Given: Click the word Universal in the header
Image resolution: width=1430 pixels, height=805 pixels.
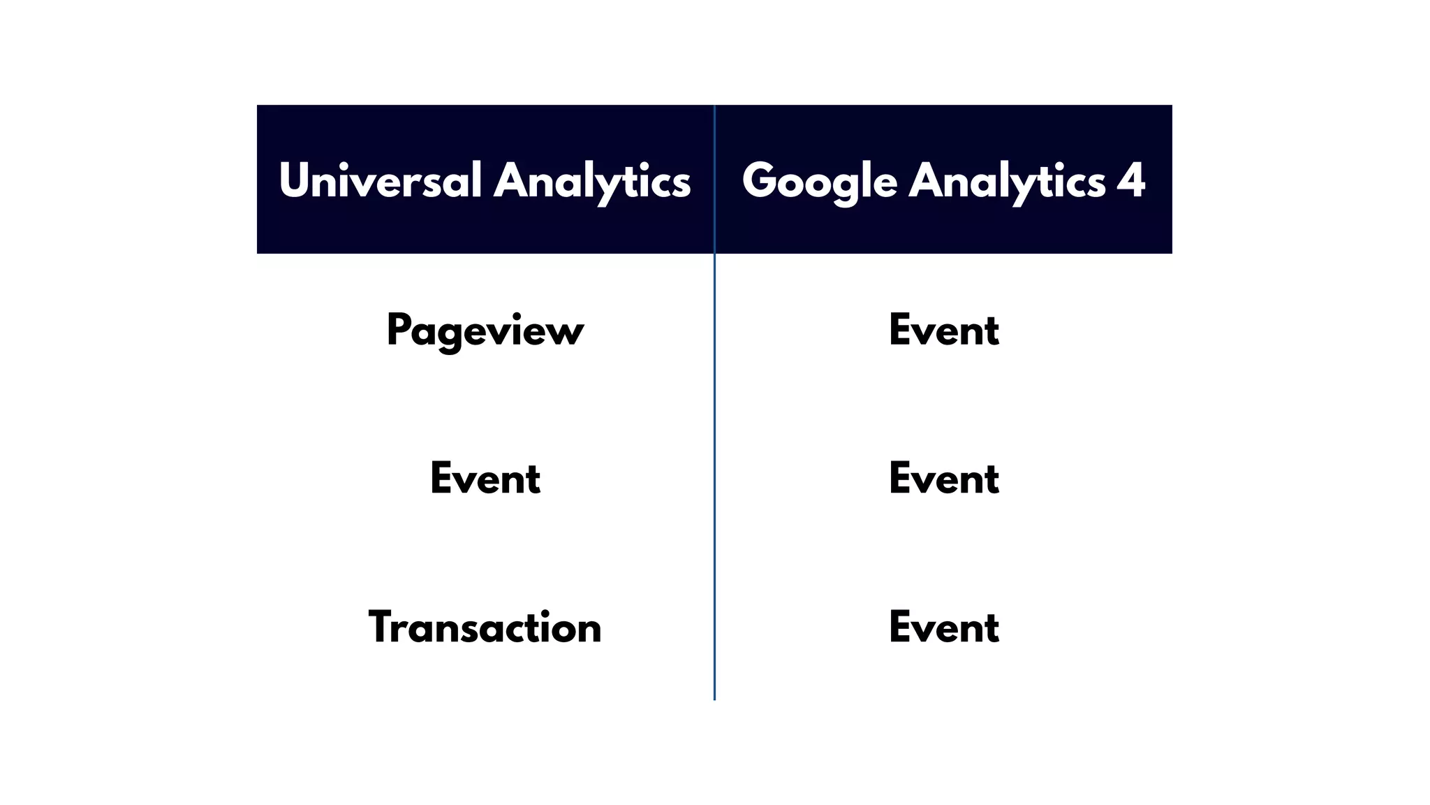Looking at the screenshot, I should pyautogui.click(x=380, y=180).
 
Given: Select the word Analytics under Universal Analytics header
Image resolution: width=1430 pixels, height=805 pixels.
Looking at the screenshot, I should pyautogui.click(x=592, y=180).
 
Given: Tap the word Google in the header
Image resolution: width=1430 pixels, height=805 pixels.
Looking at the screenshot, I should pyautogui.click(x=819, y=180).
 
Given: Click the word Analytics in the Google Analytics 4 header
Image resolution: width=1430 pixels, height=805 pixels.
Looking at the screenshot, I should pyautogui.click(x=1007, y=180).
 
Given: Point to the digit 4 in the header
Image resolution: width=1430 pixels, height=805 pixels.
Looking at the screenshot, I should pyautogui.click(x=1131, y=180).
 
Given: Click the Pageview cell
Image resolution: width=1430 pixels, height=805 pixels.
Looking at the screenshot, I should pyautogui.click(x=485, y=331).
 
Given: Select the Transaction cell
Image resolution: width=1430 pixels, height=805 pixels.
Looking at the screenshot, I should pyautogui.click(x=485, y=627).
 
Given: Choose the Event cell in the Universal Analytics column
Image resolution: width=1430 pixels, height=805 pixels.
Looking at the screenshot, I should pyautogui.click(x=485, y=479).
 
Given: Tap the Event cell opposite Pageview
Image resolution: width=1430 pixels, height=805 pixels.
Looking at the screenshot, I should pyautogui.click(x=944, y=331).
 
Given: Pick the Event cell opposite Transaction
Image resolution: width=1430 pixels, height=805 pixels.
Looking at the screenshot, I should pyautogui.click(x=944, y=627).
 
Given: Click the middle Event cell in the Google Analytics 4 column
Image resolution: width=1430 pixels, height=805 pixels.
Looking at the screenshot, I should pyautogui.click(x=944, y=479).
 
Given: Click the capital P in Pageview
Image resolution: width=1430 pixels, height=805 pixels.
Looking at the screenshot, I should pyautogui.click(x=399, y=329).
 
